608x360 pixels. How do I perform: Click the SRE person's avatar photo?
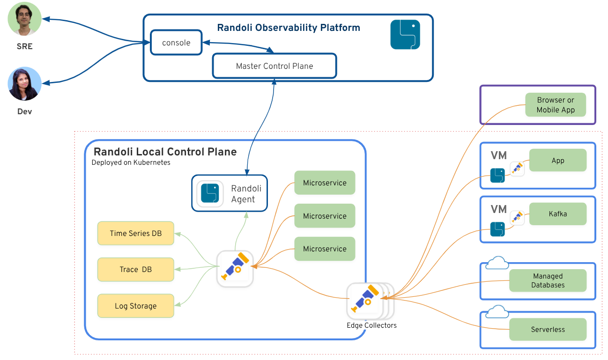(25, 19)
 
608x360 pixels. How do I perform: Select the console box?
(176, 43)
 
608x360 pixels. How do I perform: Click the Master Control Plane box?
(274, 66)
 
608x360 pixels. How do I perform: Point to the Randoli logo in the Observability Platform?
(405, 35)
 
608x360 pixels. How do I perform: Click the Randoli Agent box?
(230, 193)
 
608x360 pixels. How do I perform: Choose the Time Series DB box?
(136, 233)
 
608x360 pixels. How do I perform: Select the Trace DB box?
(136, 269)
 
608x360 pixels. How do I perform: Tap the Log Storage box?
(136, 306)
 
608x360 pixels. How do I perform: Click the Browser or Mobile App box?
(556, 105)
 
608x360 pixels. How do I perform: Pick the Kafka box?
(558, 214)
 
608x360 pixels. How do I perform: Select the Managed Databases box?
(548, 280)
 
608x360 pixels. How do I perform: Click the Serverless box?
(548, 330)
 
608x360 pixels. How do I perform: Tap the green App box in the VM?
(558, 161)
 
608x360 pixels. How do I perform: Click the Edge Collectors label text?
(371, 325)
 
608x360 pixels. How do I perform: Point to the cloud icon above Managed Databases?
(497, 263)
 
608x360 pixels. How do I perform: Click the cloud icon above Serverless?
(497, 312)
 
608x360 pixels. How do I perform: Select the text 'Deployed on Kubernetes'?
(131, 163)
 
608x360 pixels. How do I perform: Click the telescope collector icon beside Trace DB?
(235, 269)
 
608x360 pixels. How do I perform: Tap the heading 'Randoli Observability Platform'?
(289, 28)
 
